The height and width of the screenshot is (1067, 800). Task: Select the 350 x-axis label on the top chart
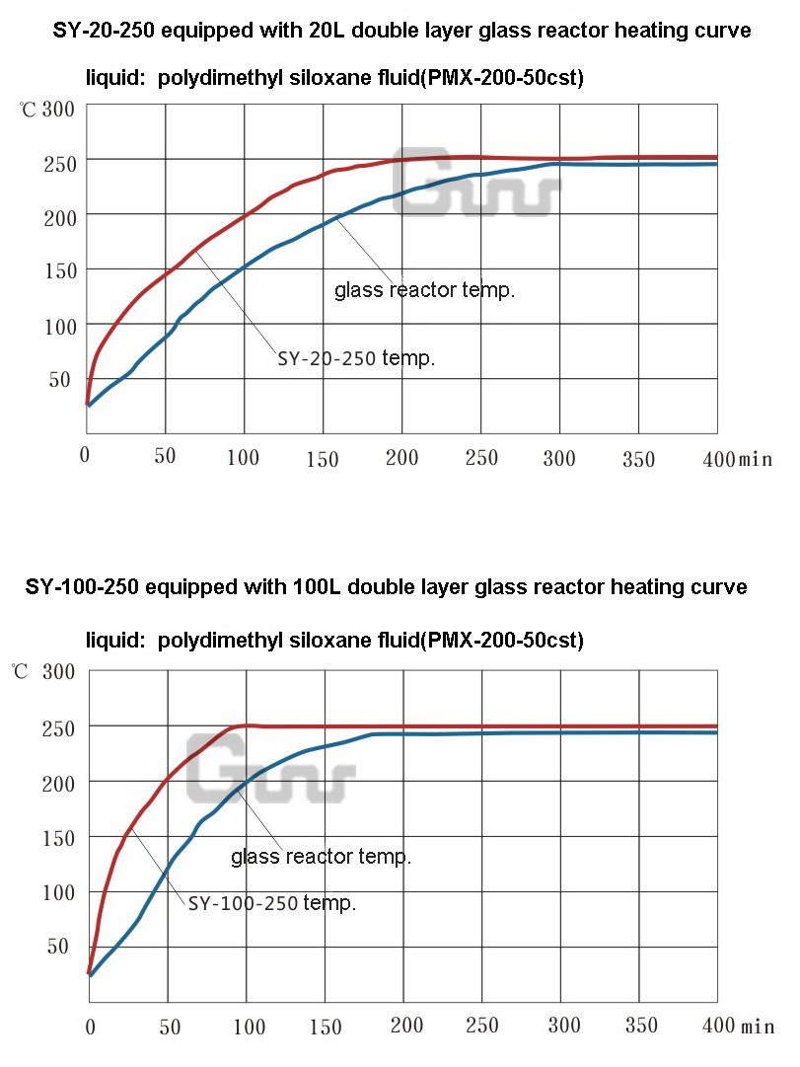pos(637,457)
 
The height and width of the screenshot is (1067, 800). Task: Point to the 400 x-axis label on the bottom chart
pos(718,1026)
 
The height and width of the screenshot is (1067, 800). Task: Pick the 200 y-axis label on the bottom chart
pos(58,782)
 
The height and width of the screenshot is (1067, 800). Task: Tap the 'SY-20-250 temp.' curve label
pos(356,359)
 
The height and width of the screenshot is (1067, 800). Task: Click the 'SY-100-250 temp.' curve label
pos(272,903)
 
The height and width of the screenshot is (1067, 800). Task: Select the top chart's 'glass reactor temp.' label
pos(425,290)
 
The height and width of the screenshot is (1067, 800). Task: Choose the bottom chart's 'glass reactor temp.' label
pos(321,857)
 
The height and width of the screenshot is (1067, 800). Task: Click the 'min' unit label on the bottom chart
pos(759,1027)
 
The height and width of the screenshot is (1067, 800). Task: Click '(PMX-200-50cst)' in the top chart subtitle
pos(502,78)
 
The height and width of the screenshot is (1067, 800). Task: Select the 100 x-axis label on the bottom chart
pos(247,1027)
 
